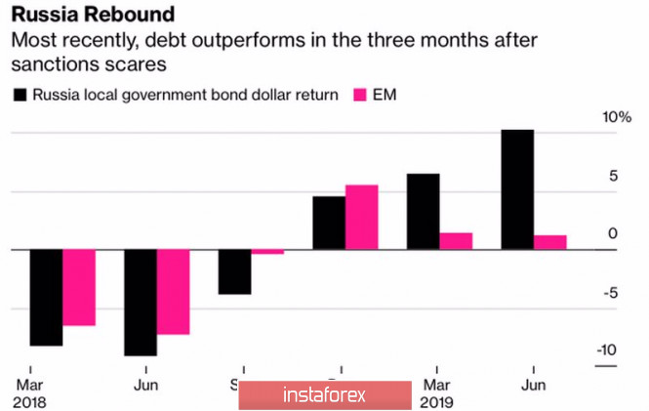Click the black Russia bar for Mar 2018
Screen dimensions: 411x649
(46, 298)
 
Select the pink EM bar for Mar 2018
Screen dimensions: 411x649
(79, 287)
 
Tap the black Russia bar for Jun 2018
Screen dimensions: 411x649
(141, 303)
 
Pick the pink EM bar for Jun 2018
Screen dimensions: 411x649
(174, 292)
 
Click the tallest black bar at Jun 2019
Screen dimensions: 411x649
(517, 189)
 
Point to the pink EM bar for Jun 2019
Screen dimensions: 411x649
(550, 242)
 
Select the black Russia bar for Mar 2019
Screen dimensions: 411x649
(423, 212)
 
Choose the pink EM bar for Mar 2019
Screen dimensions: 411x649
(456, 241)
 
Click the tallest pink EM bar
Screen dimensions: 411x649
(361, 217)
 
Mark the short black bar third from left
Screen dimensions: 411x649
(234, 271)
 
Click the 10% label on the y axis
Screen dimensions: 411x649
(617, 118)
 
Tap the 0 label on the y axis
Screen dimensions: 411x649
(612, 234)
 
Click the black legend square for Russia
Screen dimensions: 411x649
(20, 96)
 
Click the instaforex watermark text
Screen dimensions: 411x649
(323, 395)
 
